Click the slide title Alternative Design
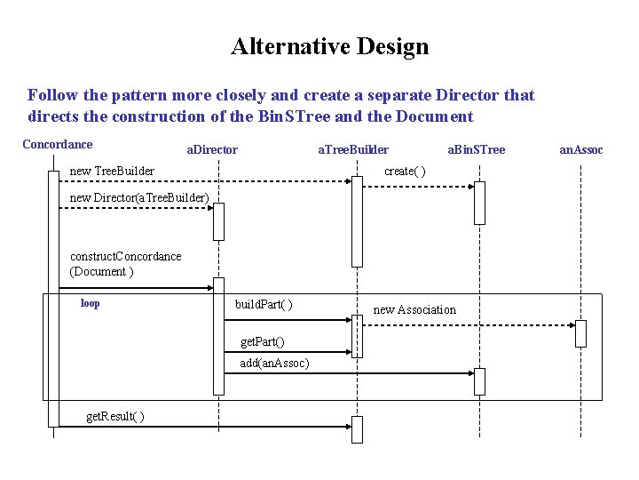[x=329, y=46]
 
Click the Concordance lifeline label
[x=57, y=144]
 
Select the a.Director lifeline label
[x=211, y=149]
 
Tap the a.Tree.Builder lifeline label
[x=353, y=149]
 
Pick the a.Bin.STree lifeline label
[x=476, y=149]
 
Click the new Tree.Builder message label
[x=112, y=171]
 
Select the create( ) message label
[x=405, y=171]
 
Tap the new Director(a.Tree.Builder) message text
[x=139, y=196]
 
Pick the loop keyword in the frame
[x=90, y=303]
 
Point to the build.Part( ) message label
[x=264, y=305]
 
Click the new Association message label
[x=414, y=309]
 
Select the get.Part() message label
[x=263, y=342]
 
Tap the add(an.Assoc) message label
[x=274, y=363]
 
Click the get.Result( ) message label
[x=115, y=417]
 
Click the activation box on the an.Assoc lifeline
[x=580, y=332]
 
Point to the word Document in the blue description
[x=436, y=116]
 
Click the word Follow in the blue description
[x=51, y=95]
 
